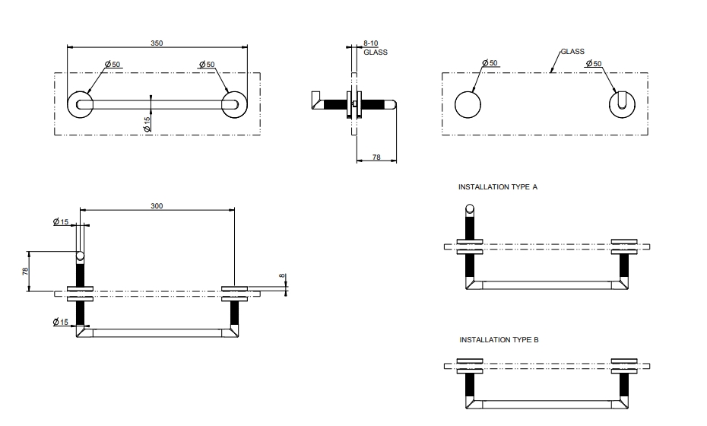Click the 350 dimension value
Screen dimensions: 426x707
tap(157, 43)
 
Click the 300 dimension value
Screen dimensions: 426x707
tap(157, 206)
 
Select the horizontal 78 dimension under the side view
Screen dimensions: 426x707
tap(376, 157)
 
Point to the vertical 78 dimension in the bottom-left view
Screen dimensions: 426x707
tap(26, 271)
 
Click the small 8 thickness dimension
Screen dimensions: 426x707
tap(281, 277)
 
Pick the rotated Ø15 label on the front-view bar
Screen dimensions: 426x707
tap(147, 123)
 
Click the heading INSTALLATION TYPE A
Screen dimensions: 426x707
tap(498, 186)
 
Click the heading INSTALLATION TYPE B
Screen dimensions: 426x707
tap(499, 339)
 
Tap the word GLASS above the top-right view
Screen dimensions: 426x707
tap(572, 52)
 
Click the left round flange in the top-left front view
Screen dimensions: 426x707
tap(81, 104)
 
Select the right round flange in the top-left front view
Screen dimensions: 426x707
tap(234, 104)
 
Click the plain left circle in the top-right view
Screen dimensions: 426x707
tap(468, 104)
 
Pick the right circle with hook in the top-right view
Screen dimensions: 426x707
tap(623, 104)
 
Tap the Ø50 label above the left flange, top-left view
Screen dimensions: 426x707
tap(113, 64)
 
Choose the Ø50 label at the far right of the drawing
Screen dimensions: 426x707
tap(594, 63)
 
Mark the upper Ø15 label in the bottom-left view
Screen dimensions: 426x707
tap(61, 221)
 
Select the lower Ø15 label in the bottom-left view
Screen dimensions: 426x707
tap(61, 322)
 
